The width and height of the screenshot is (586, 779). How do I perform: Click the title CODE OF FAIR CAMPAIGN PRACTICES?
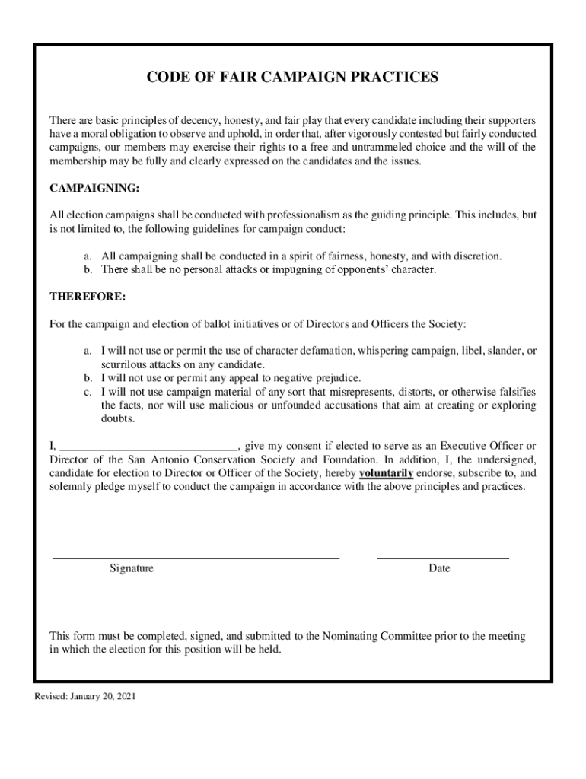pyautogui.click(x=292, y=77)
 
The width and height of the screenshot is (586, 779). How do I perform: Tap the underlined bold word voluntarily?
pyautogui.click(x=387, y=473)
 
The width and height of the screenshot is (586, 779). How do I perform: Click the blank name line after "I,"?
pyautogui.click(x=149, y=447)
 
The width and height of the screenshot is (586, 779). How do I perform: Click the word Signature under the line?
pyautogui.click(x=132, y=568)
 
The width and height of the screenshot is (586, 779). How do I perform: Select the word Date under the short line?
pyautogui.click(x=439, y=568)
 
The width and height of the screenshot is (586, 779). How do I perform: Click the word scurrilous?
pyautogui.click(x=125, y=365)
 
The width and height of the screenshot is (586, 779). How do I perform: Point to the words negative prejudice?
pyautogui.click(x=317, y=378)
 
